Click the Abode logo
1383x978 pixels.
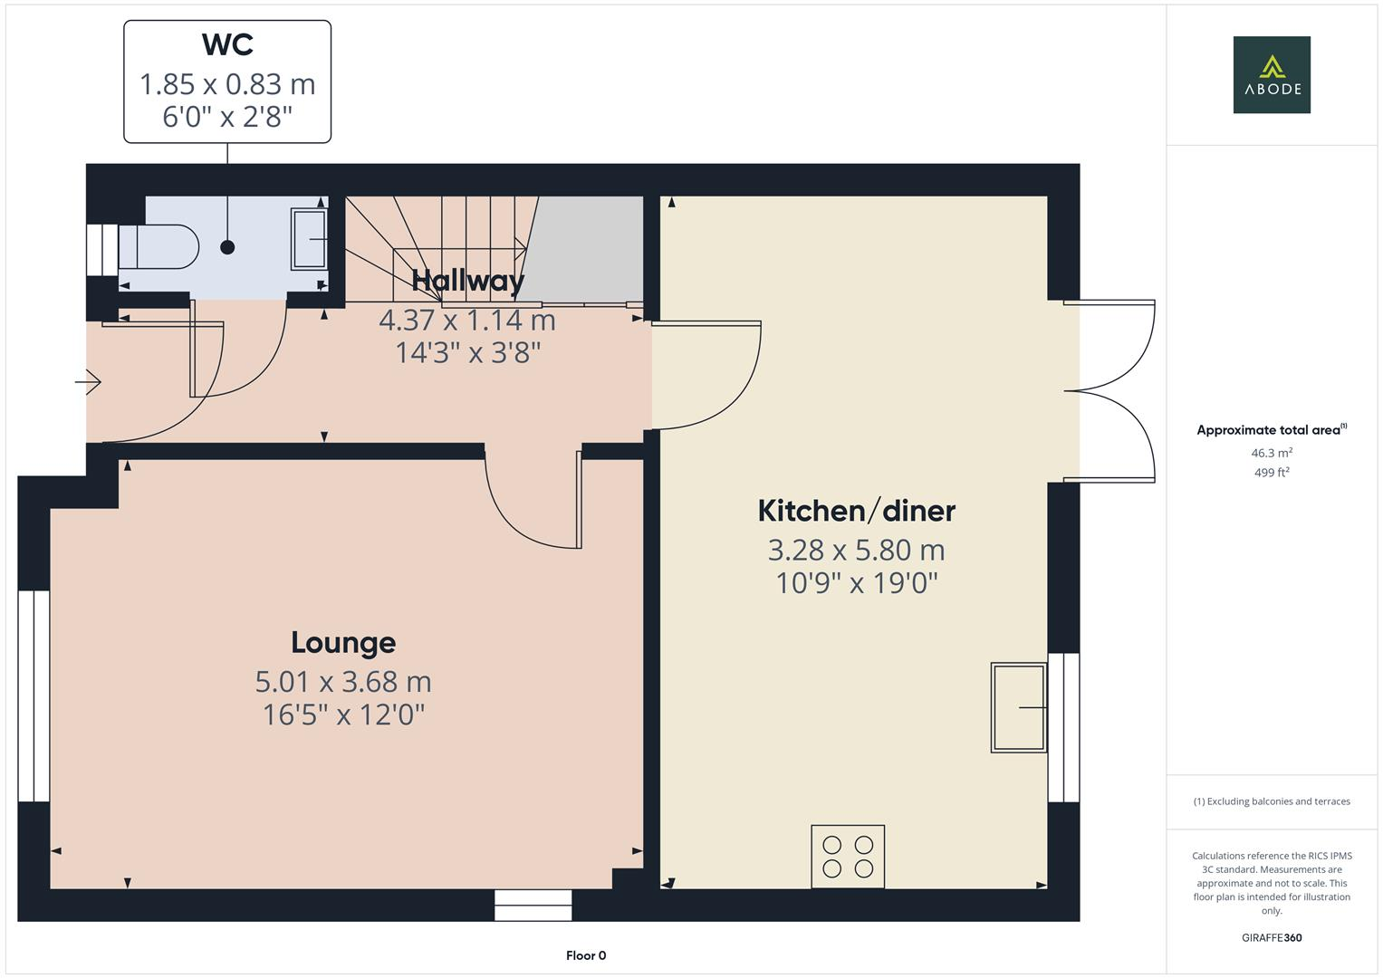pos(1271,74)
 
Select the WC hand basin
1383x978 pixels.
pos(308,239)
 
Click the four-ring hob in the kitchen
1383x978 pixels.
pos(848,856)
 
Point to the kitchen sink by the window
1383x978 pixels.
pos(1019,707)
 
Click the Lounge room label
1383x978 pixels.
pos(343,642)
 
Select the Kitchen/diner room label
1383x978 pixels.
pos(856,511)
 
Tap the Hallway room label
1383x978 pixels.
pos(467,281)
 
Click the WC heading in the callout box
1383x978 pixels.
pos(227,44)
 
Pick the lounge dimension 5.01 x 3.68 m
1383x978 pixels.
pos(343,681)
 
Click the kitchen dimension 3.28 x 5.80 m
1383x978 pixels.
pos(856,550)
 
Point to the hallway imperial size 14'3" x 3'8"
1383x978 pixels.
pos(467,352)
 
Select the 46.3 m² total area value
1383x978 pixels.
pos(1271,453)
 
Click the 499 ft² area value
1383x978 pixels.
pos(1271,473)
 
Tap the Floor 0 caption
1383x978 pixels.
pos(585,955)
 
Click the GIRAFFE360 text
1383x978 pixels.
pos(1271,937)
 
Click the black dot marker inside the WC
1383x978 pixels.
pos(227,247)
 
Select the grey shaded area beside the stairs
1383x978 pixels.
pos(585,248)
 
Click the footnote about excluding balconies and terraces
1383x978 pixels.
pos(1271,801)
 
